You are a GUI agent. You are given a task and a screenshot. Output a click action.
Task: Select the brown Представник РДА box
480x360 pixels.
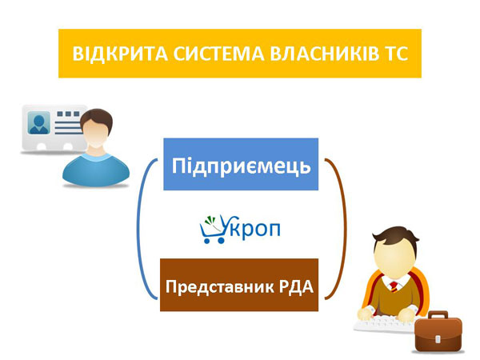click(241, 285)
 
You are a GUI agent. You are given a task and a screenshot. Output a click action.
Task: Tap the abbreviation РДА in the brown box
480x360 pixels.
click(296, 285)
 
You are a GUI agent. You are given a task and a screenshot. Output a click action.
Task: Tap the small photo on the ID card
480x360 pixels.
click(38, 123)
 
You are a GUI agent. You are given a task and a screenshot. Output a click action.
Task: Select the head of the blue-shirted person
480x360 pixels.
click(95, 130)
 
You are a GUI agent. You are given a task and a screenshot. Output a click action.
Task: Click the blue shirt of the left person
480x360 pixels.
click(95, 168)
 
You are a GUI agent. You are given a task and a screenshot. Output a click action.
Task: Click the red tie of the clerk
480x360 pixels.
click(394, 285)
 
